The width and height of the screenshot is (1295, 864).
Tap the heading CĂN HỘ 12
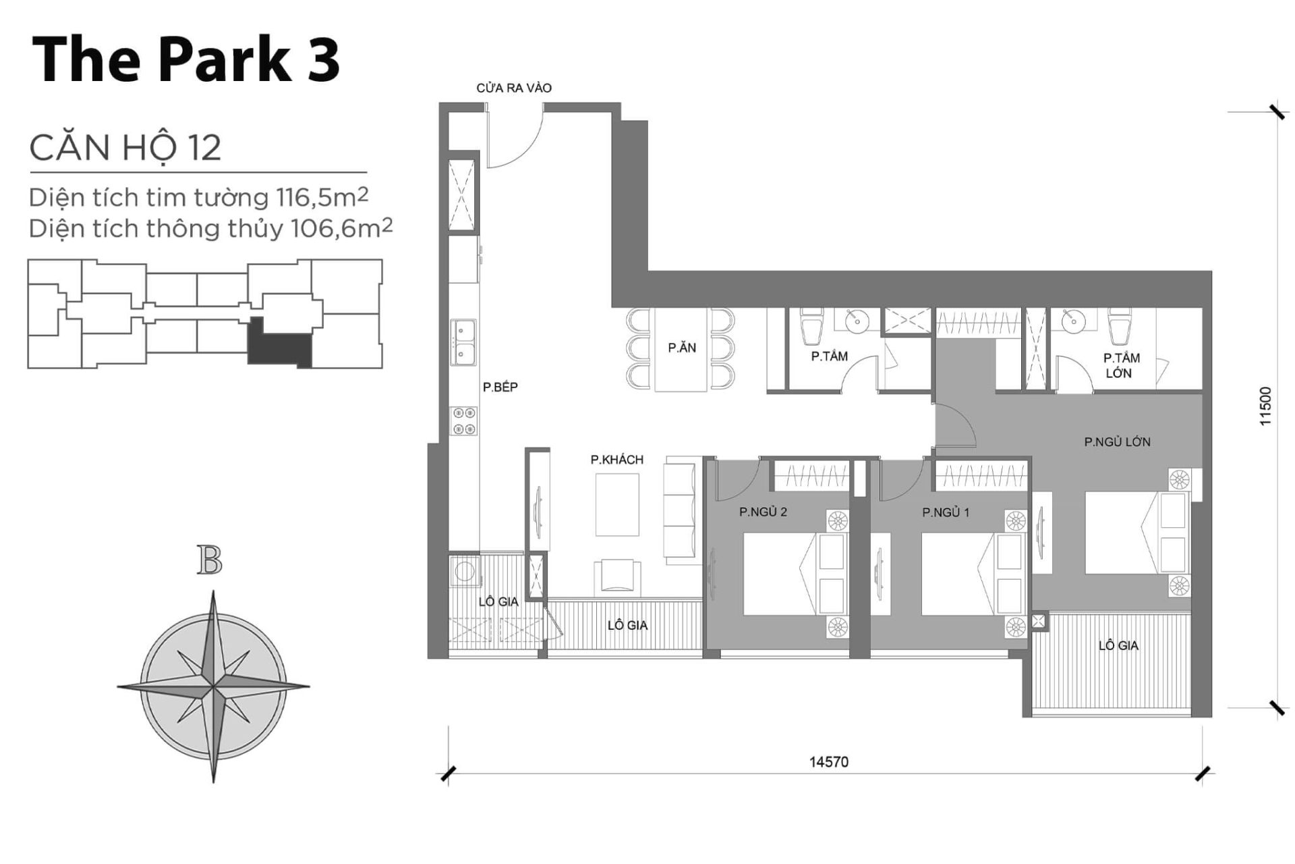[125, 148]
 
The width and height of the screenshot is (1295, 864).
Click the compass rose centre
[213, 687]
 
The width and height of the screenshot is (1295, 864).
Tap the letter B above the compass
[210, 561]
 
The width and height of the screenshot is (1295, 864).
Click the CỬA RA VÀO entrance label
[513, 88]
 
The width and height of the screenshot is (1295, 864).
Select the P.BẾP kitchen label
[500, 387]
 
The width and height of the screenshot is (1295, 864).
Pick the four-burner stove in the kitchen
[464, 421]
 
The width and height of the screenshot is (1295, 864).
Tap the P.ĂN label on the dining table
[682, 348]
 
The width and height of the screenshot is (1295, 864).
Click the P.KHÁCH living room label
[616, 460]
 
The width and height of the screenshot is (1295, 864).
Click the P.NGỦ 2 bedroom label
[763, 512]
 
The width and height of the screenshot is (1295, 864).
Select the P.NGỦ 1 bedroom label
[946, 512]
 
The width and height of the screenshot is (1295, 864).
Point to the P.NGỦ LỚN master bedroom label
[1117, 442]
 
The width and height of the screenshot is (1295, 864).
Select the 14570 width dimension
[828, 762]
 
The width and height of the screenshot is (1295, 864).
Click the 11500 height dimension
[1265, 405]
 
